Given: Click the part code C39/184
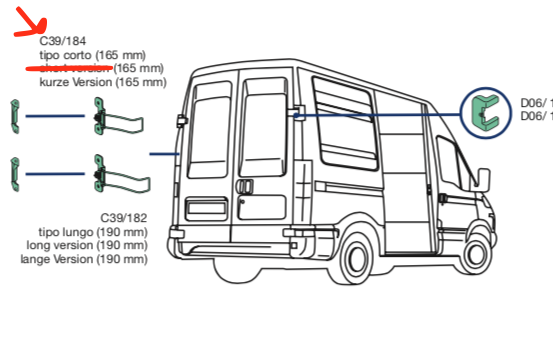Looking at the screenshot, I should click(x=61, y=41).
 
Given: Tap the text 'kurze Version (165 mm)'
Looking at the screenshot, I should click(x=102, y=82).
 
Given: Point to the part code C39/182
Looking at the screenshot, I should click(x=124, y=218).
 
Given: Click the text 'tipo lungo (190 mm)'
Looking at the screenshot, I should click(x=95, y=232).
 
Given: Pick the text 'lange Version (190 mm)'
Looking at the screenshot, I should click(x=84, y=259).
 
